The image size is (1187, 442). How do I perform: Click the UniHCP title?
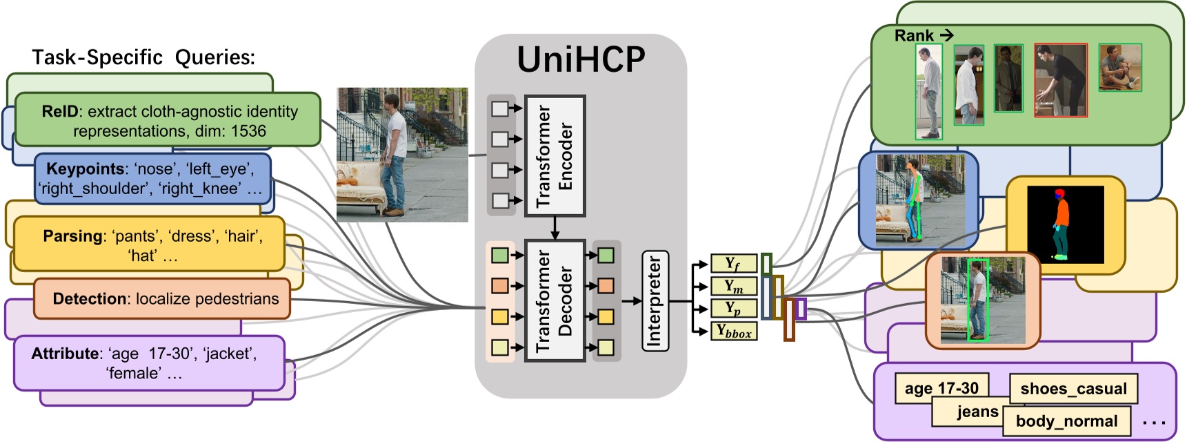pos(581,60)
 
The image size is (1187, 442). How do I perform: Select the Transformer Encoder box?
pos(555,156)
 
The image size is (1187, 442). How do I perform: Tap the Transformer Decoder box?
pos(555,300)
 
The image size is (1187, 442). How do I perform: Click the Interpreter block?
pos(655,301)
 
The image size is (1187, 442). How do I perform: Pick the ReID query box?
pos(168,120)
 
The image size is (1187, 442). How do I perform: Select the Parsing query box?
pos(148,244)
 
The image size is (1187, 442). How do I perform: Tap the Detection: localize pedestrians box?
pos(162,298)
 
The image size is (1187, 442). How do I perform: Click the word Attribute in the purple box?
pos(65,354)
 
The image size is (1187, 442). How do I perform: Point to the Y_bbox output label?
pos(734,331)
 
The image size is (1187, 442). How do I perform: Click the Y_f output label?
pos(734,264)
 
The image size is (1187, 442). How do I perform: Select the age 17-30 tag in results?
pos(941,389)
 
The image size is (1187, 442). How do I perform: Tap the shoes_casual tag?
pos(1073,389)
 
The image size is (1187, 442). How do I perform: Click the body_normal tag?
pos(1066,421)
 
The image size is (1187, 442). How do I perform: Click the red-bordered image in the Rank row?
pos(1061,80)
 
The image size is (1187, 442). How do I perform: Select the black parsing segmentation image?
pos(1066,224)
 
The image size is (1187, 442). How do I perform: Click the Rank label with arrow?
pos(924,35)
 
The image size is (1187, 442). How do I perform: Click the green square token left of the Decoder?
pos(500,256)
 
